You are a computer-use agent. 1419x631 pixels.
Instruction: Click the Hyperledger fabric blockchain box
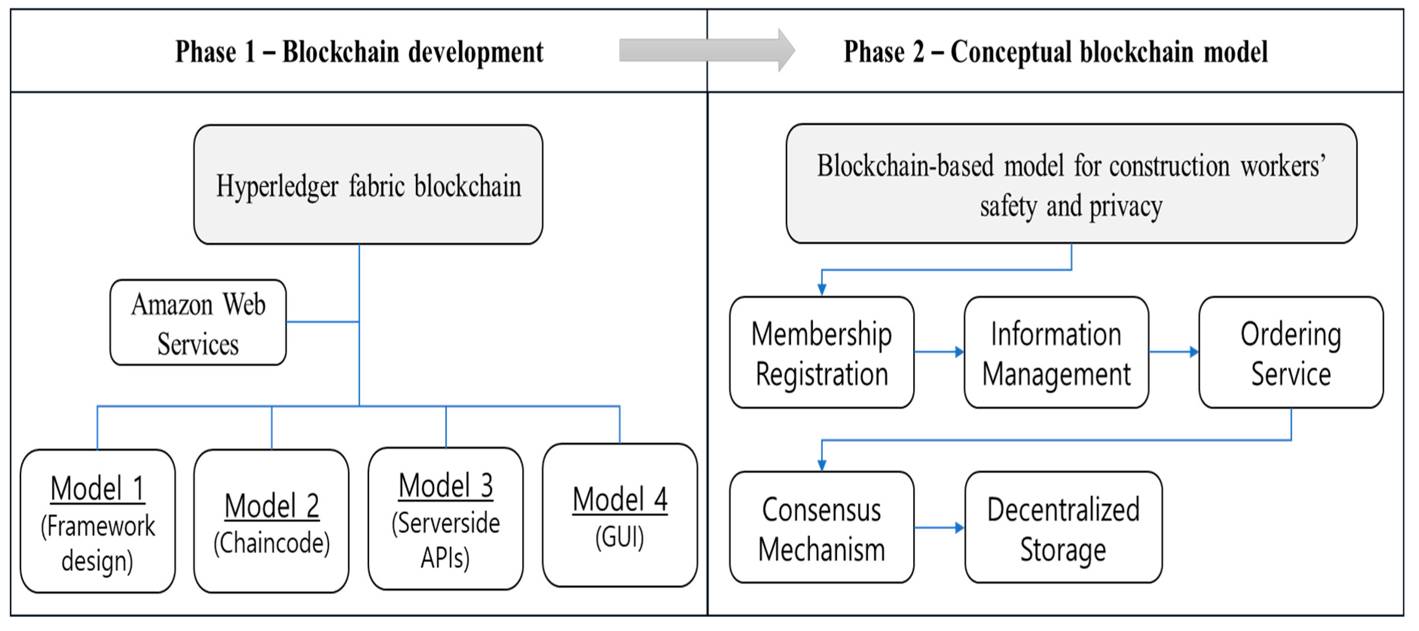tap(368, 185)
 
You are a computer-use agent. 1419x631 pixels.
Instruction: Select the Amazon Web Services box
tap(198, 323)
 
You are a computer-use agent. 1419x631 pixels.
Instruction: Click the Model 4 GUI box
tap(620, 516)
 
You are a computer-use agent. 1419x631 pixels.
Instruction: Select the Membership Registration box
tap(821, 353)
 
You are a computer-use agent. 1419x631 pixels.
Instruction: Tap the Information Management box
tap(1056, 353)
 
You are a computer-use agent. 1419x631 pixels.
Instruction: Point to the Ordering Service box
tap(1291, 353)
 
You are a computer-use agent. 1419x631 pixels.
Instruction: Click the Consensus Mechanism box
tap(821, 527)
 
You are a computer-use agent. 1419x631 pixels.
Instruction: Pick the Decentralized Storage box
tap(1063, 527)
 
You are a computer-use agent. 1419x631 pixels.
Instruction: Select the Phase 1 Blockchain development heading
tap(359, 52)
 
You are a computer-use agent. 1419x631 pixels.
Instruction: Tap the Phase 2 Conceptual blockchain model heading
tap(1055, 52)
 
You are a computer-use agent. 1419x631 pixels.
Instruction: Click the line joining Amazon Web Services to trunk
tap(323, 322)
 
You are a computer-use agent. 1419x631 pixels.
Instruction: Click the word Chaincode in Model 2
tap(272, 543)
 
